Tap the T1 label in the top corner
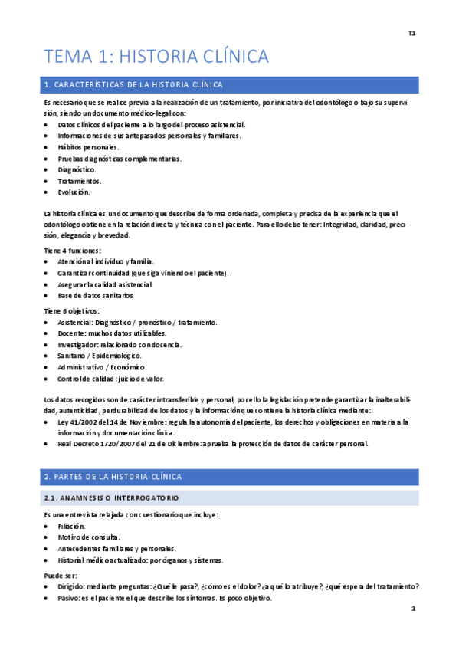411,34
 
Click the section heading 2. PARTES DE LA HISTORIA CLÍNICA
113,477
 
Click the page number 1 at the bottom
412,610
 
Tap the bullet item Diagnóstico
77,169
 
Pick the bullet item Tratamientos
79,181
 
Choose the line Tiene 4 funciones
73,251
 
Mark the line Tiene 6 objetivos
72,310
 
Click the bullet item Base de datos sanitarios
95,295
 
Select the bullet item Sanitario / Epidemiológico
99,356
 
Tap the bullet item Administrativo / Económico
102,367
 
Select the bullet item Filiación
72,527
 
